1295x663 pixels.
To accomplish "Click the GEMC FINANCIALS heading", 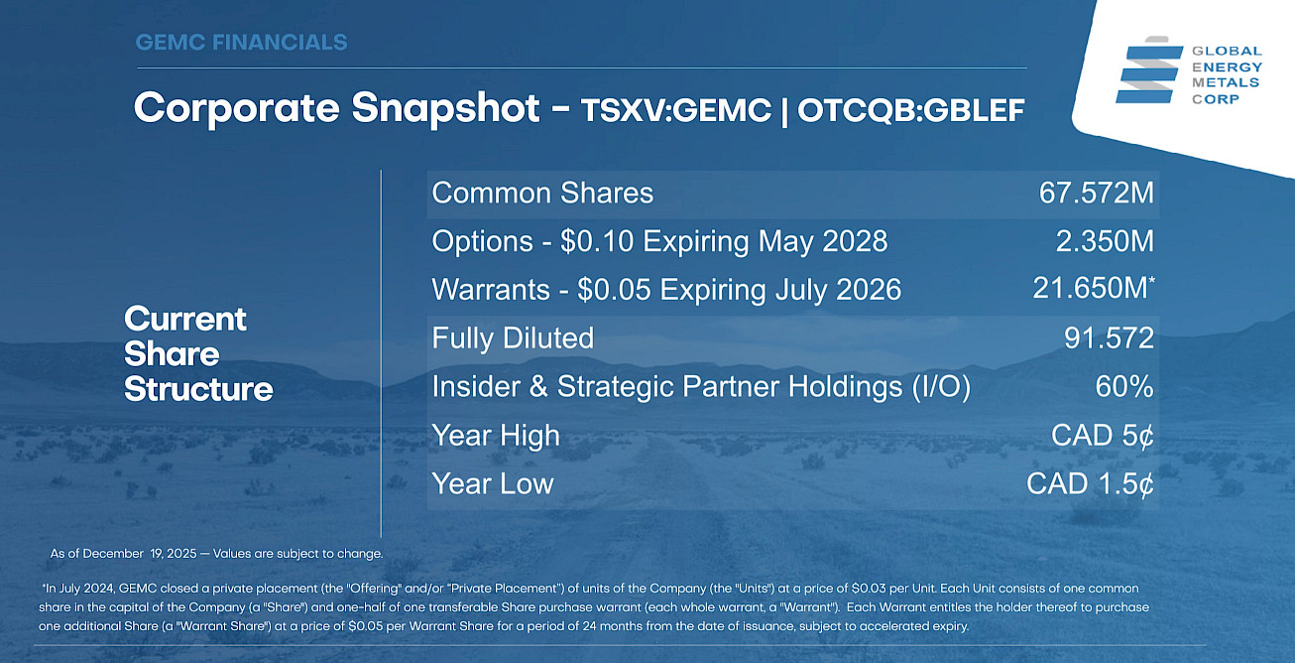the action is point(241,43).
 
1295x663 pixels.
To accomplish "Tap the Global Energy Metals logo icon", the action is point(1149,70).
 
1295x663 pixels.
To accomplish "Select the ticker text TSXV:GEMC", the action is point(676,110).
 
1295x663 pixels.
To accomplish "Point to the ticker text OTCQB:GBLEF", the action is point(911,110).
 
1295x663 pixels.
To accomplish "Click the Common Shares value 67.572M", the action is point(1096,193).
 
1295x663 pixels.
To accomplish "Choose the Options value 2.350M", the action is point(1105,241).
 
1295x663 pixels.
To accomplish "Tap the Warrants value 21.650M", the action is point(1094,288).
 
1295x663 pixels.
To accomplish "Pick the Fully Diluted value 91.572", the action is point(1109,337).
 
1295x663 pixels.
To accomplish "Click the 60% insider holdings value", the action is point(1124,386).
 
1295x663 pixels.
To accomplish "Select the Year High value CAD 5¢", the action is point(1103,435).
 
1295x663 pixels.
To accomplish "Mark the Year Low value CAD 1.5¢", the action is point(1091,483).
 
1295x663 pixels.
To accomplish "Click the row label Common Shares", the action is point(542,193).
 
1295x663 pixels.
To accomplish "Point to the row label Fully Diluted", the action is point(513,338).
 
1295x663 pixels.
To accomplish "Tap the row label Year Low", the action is point(493,483).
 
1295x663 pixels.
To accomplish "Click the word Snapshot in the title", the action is point(445,108).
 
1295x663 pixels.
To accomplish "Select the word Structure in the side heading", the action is point(198,389).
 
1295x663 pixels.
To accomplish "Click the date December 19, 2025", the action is point(140,554).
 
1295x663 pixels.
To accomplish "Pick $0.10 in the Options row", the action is point(597,241).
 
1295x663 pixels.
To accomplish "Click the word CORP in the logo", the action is point(1216,99).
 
